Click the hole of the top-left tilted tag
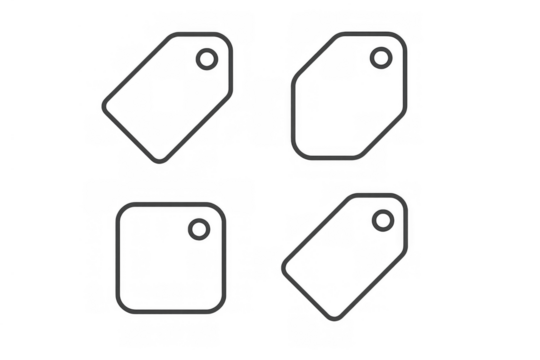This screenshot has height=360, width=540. [x=206, y=59]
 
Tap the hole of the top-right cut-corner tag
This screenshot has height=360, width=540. [x=380, y=57]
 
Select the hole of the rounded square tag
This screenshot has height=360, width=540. [x=199, y=232]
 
